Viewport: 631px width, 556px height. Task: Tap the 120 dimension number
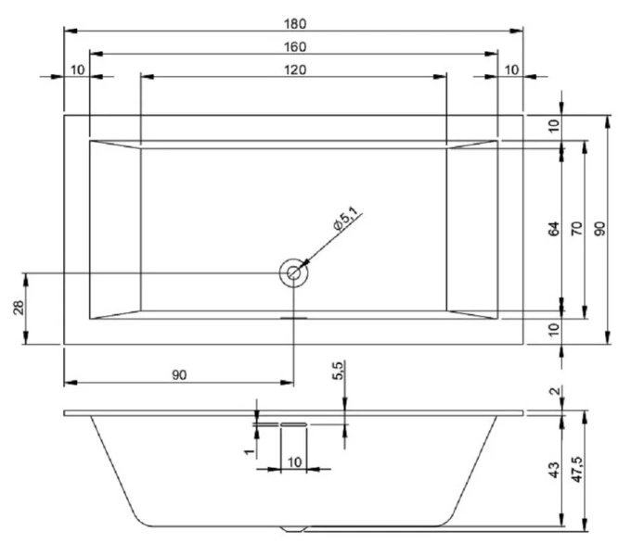pos(293,69)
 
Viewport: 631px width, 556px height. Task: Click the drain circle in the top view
pos(293,272)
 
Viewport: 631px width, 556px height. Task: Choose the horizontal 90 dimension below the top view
pos(179,374)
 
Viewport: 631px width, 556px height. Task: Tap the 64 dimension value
pos(554,228)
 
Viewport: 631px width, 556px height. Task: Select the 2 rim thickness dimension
pos(555,394)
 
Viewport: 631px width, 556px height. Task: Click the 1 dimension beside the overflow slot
pos(248,449)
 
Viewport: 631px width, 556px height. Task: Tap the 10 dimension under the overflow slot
pos(294,461)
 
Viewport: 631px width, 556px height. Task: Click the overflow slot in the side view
pos(294,423)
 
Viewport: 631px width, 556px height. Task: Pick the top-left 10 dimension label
pos(76,70)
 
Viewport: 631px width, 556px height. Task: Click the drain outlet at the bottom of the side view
pos(294,530)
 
